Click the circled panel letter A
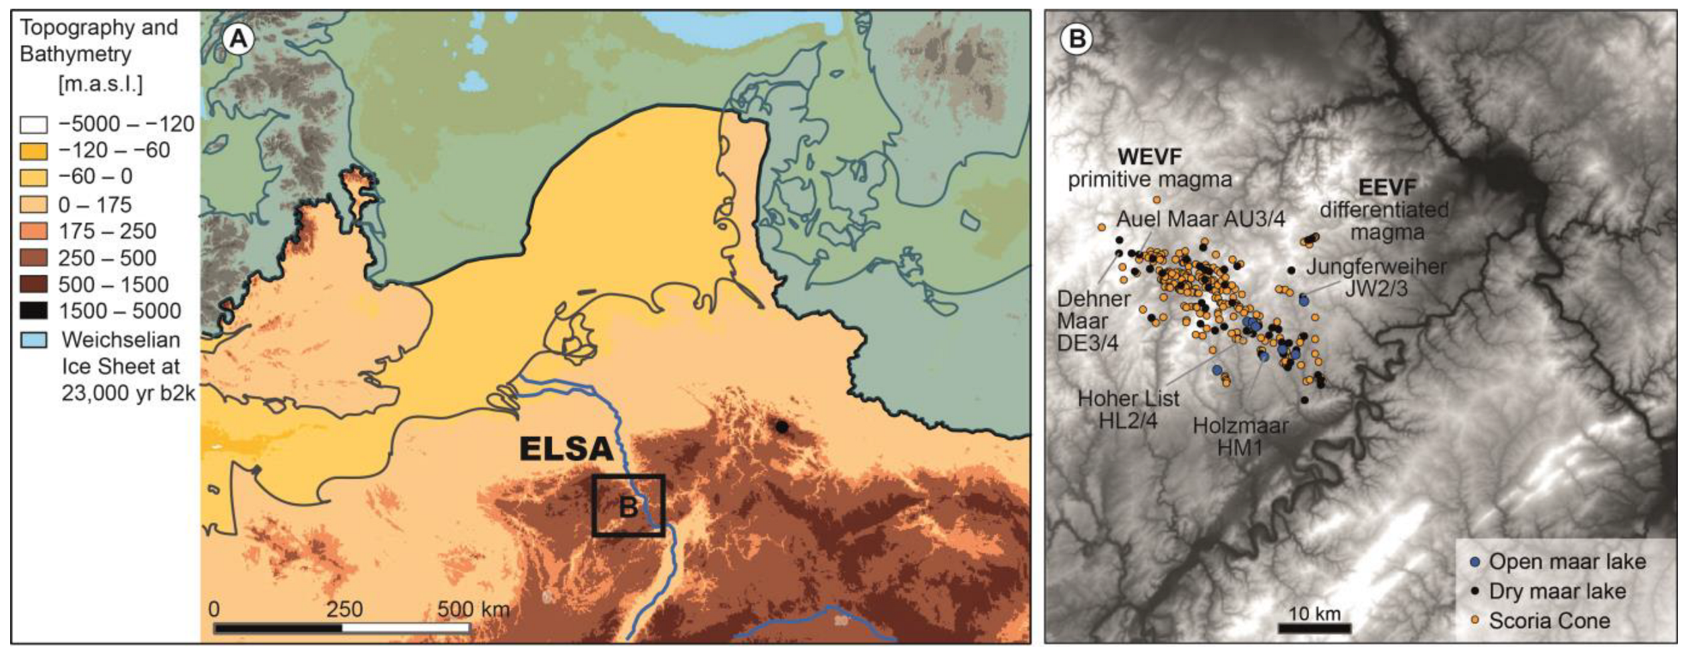[238, 39]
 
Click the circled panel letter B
[1077, 39]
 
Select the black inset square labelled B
[629, 506]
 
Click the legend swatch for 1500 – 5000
[34, 311]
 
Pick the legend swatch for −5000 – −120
[34, 125]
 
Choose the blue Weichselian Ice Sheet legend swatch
[34, 339]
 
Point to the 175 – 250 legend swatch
[34, 231]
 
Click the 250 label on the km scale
[344, 609]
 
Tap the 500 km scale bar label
[473, 609]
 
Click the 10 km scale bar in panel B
[1314, 627]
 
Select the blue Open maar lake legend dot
[1475, 562]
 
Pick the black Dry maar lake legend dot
[1475, 592]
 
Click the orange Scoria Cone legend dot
[1475, 621]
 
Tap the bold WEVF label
[1149, 157]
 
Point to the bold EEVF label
[1387, 187]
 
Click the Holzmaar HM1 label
[1240, 436]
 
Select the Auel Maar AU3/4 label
[1200, 219]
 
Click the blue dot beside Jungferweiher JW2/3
[1304, 300]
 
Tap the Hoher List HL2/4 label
[1128, 409]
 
